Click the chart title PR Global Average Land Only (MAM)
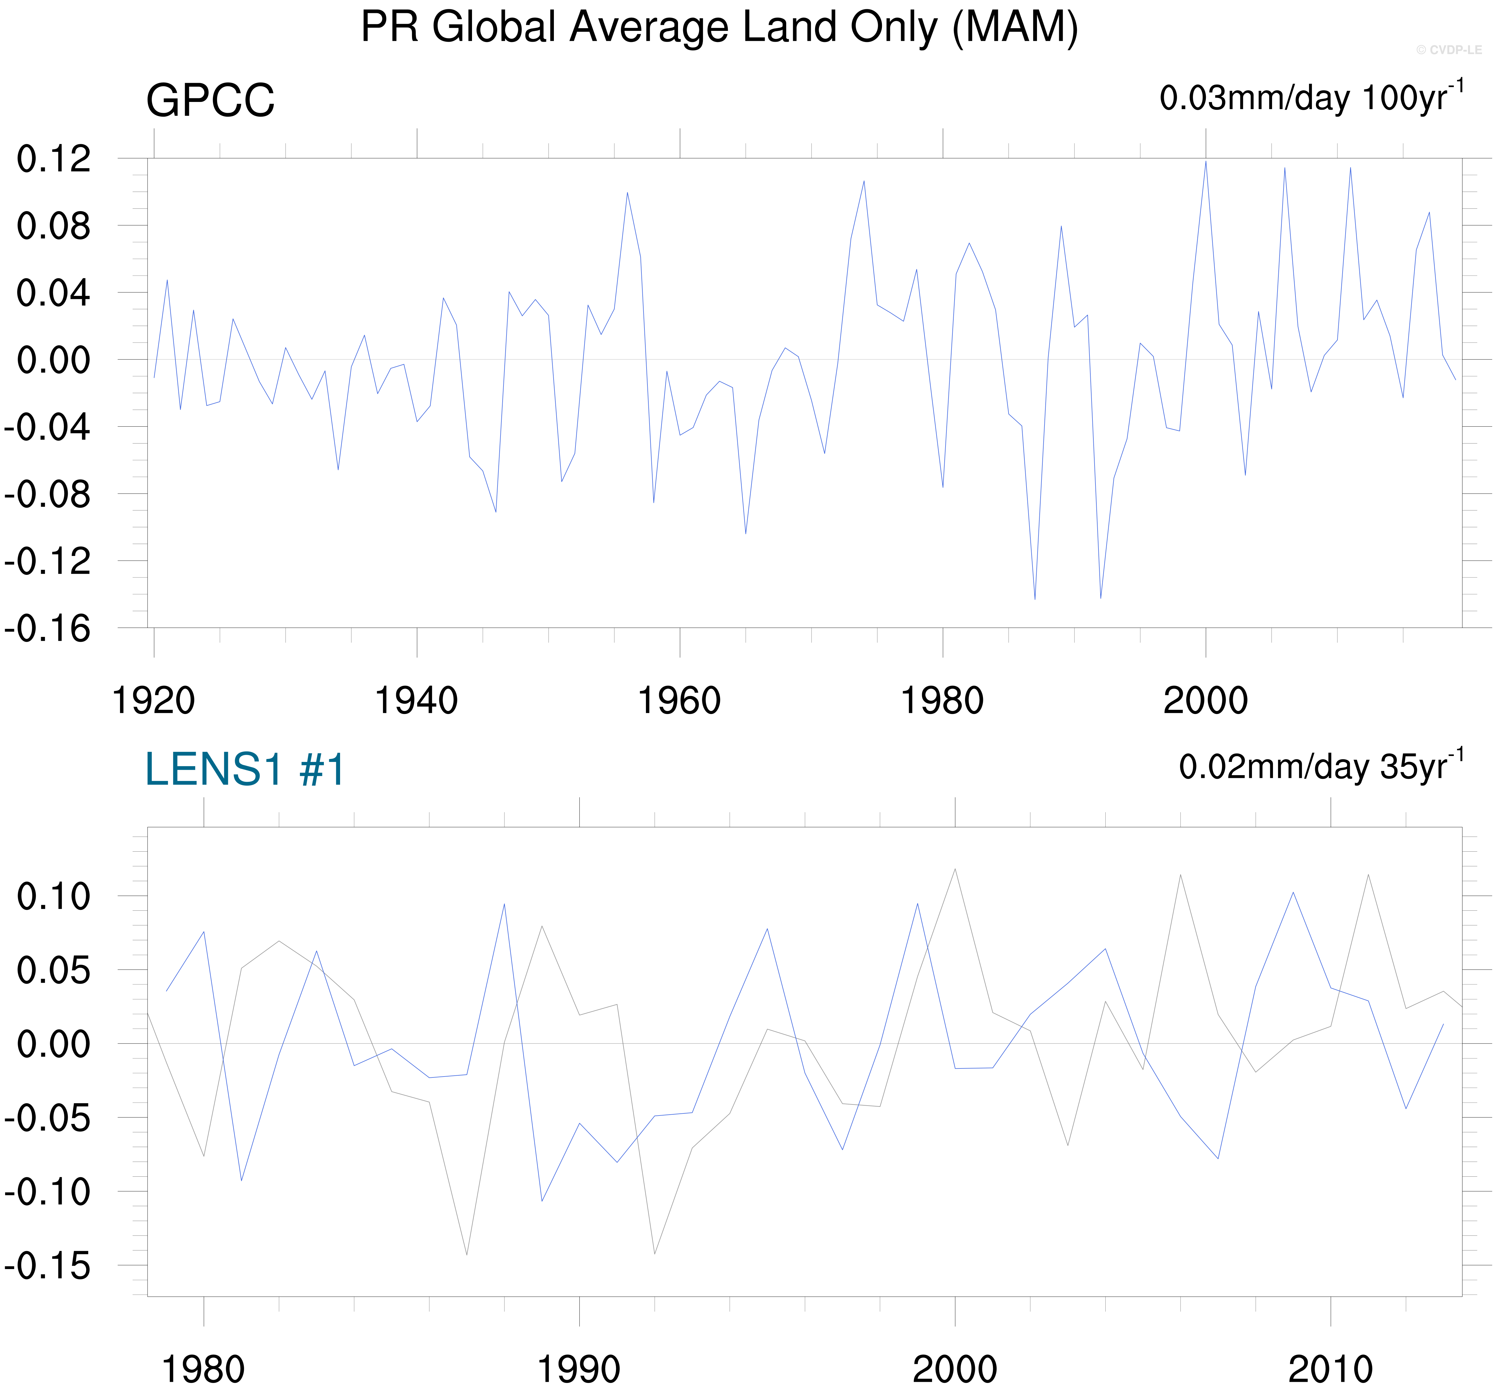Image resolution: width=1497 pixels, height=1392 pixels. click(x=719, y=28)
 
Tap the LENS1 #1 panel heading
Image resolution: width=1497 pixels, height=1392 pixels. click(x=245, y=769)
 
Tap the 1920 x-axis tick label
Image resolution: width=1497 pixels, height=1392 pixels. click(x=154, y=701)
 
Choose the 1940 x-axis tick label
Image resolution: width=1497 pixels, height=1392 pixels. click(x=417, y=701)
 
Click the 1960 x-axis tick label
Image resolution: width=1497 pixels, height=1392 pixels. click(x=679, y=701)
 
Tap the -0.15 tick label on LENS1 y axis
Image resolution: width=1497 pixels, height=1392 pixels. click(x=47, y=1266)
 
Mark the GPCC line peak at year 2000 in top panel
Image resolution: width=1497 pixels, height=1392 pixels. click(x=1206, y=162)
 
